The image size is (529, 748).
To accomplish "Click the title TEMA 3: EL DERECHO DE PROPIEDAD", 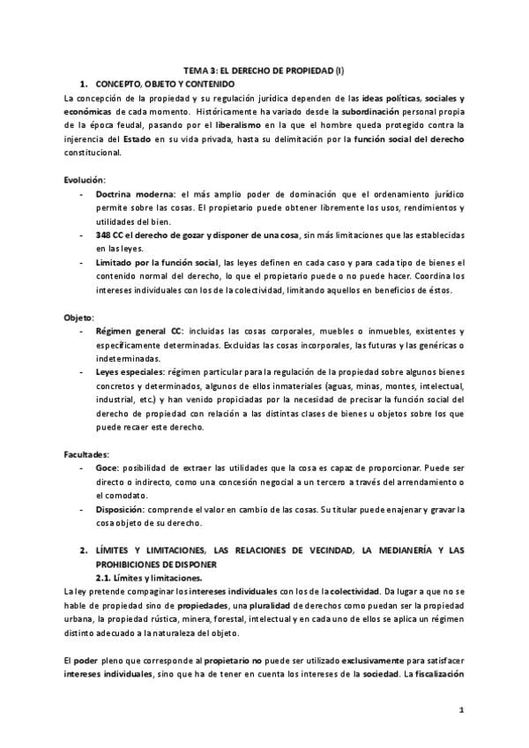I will (264, 70).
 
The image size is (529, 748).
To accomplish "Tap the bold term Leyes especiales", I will (130, 372).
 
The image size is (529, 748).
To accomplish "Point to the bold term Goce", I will (107, 467).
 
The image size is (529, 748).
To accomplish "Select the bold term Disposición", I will (122, 510).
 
